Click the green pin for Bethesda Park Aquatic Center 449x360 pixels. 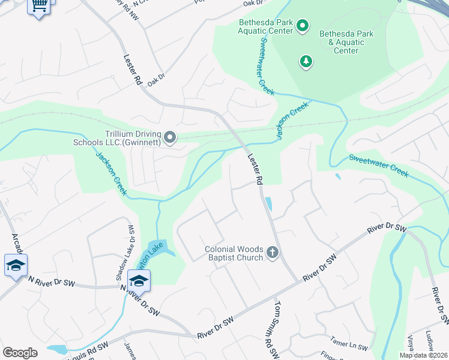(303, 25)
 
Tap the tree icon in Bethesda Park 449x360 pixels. (307, 61)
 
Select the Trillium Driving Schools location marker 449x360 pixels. (170, 139)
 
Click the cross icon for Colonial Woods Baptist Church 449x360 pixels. (272, 253)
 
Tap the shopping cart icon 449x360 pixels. (39, 6)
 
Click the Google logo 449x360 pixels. (20, 353)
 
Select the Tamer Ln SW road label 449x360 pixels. (350, 347)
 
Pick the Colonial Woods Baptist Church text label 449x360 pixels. (234, 253)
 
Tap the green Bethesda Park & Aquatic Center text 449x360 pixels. (346, 42)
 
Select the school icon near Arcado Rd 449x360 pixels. (16, 265)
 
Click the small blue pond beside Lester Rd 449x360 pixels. (268, 205)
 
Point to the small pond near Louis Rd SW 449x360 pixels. (57, 349)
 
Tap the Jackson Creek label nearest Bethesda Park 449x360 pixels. (292, 121)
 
